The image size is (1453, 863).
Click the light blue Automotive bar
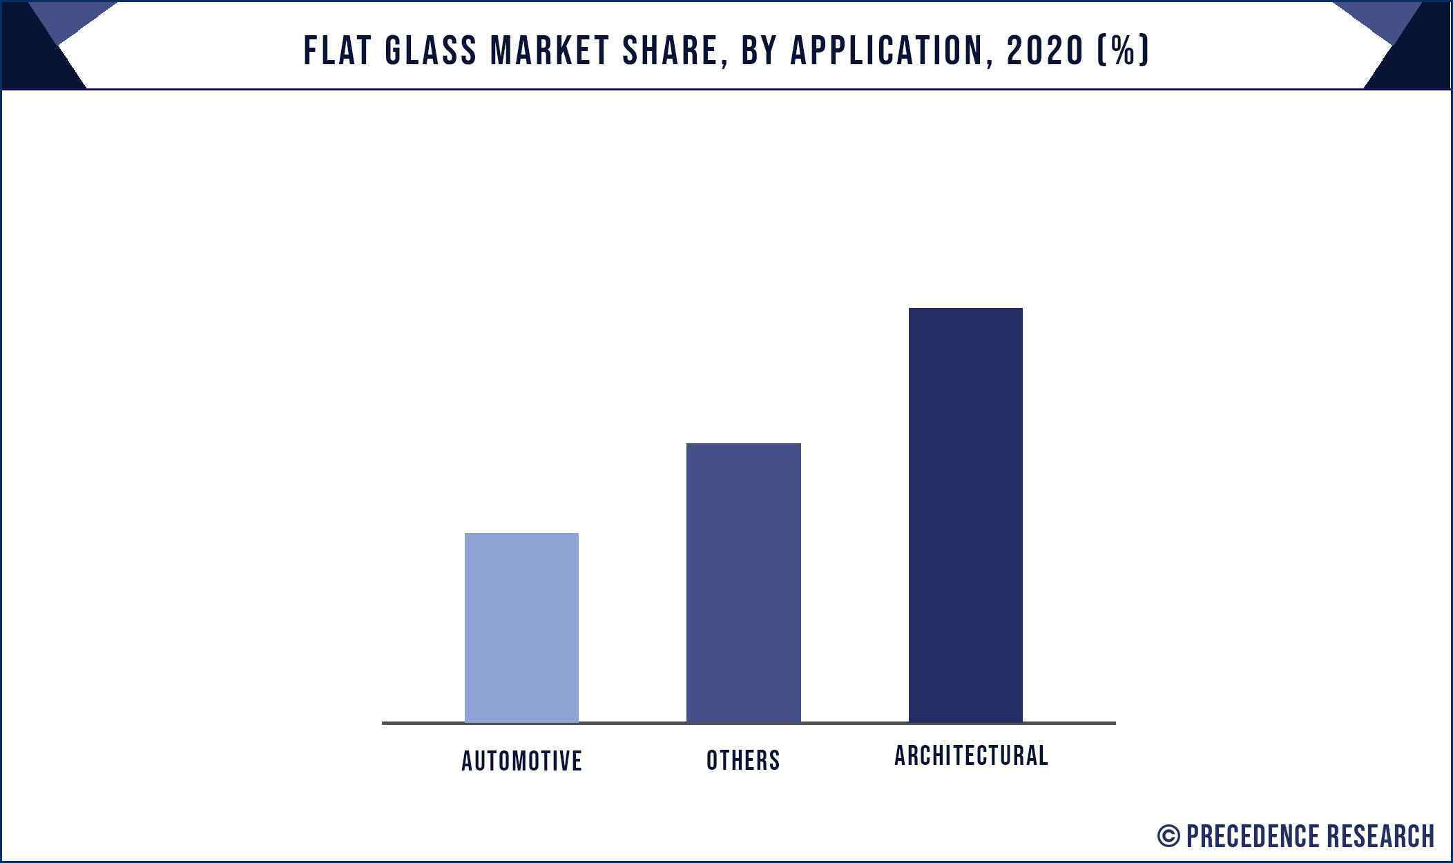[x=521, y=628]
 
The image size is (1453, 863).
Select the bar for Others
[x=743, y=583]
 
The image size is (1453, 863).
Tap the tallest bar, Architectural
[x=965, y=515]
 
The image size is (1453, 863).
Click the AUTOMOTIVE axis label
[x=521, y=761]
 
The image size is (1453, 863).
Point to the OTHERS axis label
[x=743, y=760]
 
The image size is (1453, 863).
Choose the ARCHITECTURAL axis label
[x=971, y=755]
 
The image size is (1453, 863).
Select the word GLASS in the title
[x=430, y=51]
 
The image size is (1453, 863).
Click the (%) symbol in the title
[x=1124, y=51]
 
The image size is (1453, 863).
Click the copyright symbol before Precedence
[x=1168, y=836]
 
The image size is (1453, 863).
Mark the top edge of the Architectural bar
[x=965, y=309]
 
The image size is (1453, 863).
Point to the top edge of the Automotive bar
[x=521, y=534]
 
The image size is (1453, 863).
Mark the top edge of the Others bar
[x=743, y=444]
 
